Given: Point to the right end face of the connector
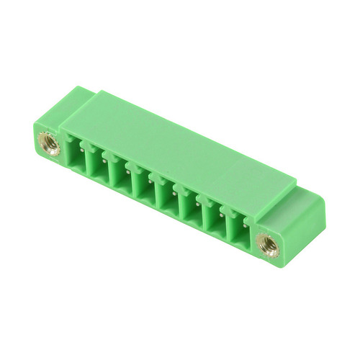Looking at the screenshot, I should (x=302, y=216).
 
